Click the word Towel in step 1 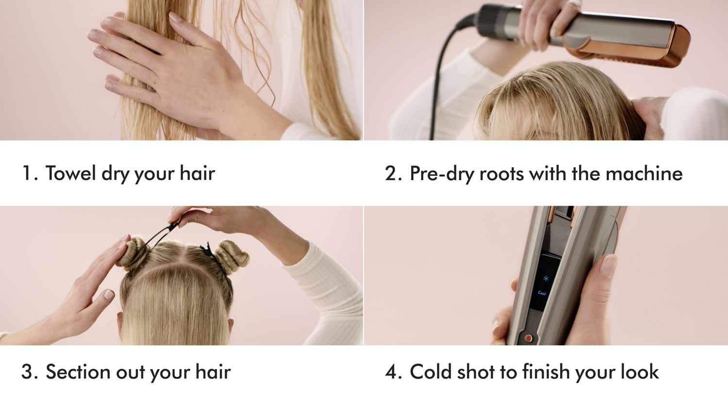pyautogui.click(x=70, y=173)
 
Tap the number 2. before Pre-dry pyautogui.click(x=393, y=173)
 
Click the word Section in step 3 pyautogui.click(x=78, y=372)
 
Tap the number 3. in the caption pyautogui.click(x=30, y=372)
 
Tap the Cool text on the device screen pyautogui.click(x=542, y=293)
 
